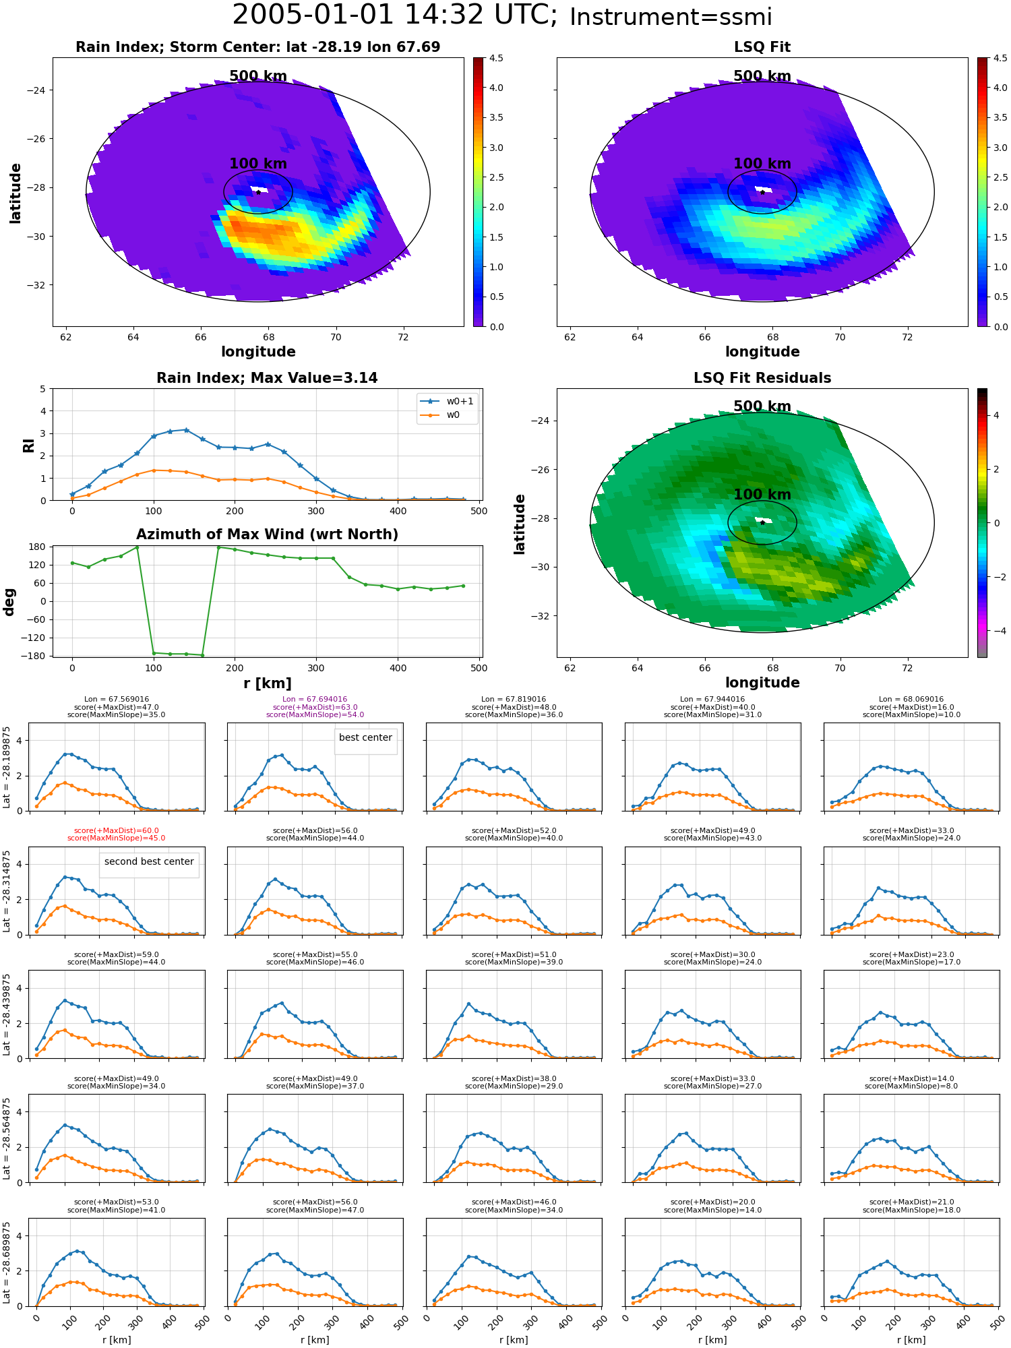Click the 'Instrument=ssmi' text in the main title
coord(670,18)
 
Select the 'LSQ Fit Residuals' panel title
coord(762,378)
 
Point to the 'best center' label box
coord(365,738)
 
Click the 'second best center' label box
coord(149,862)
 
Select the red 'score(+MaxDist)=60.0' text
coord(117,830)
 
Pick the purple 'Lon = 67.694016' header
coord(315,700)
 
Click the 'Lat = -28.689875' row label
coord(7,1262)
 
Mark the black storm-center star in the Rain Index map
coord(258,192)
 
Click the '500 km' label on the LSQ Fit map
coord(762,76)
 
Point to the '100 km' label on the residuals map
coord(762,495)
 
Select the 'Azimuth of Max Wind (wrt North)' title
coord(267,534)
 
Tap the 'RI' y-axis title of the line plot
coord(28,446)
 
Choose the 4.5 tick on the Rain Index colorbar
coord(496,59)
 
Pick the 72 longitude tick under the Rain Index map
coord(403,337)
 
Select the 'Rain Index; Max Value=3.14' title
coord(267,378)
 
